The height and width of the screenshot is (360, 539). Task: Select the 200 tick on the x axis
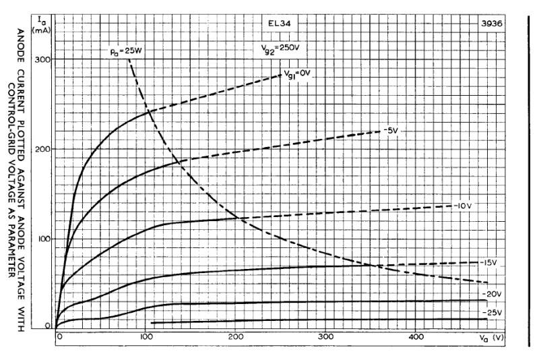pos(236,336)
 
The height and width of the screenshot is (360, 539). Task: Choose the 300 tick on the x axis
pos(326,336)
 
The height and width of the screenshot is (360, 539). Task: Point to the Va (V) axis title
pos(490,336)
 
